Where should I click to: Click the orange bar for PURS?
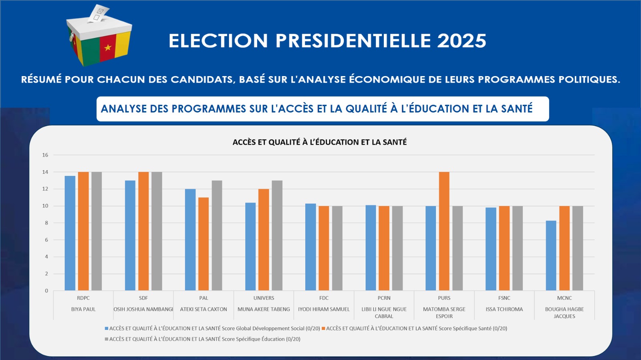444,231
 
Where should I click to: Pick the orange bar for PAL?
204,244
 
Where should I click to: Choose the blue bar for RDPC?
70,233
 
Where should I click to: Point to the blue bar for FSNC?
491,249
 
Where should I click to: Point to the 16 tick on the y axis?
45,155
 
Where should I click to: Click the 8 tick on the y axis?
46,223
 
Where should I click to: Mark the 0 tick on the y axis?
46,291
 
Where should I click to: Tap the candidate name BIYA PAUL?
83,309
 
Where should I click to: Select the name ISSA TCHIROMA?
504,309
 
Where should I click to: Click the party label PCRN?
384,298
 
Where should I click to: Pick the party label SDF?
143,298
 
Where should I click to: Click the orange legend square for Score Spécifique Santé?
323,328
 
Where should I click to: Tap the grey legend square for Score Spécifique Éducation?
107,339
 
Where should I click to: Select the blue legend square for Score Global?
107,328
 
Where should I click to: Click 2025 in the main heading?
462,41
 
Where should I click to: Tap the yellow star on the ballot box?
108,48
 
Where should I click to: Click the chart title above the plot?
320,142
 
